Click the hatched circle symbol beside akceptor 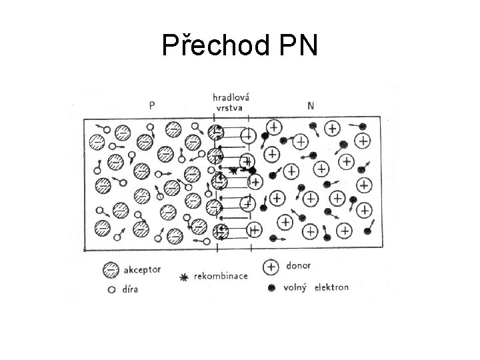(x=111, y=271)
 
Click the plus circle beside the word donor (x=271, y=267)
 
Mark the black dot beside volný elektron (x=271, y=288)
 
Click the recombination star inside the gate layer (x=233, y=171)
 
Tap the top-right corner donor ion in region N (x=363, y=140)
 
